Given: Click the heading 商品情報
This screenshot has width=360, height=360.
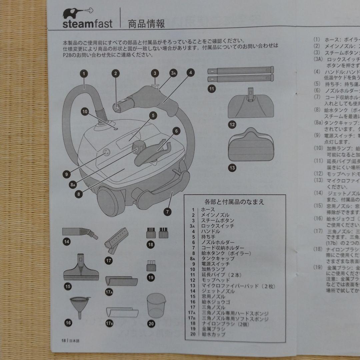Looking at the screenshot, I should click(146, 24).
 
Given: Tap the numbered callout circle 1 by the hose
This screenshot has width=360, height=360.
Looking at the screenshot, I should click(84, 74).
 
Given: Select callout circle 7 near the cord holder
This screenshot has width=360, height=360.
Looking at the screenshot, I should click(167, 211).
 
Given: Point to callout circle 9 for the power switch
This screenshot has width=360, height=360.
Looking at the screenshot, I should click(67, 173).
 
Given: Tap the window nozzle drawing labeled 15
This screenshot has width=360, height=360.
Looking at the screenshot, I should click(81, 266).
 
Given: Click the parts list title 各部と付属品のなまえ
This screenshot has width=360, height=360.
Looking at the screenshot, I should click(234, 202).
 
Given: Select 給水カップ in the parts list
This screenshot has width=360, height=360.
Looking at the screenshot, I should click(213, 334).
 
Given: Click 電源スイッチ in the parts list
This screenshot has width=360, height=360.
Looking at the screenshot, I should click(215, 264).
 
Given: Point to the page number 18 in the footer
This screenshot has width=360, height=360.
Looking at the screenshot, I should click(63, 340).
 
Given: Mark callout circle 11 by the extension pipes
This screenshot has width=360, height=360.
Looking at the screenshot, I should click(211, 89).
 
